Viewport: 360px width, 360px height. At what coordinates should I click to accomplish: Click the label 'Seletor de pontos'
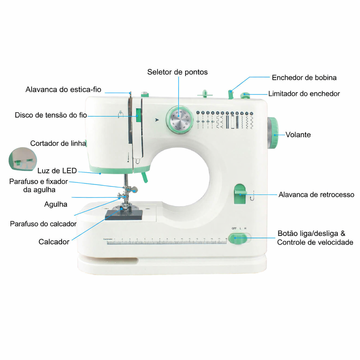177,72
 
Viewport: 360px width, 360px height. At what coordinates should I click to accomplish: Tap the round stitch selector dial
180,120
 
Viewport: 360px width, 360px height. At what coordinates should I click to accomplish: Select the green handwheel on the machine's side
272,133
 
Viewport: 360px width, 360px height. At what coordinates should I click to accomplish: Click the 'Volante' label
298,135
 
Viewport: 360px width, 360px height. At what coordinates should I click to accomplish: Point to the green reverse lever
240,193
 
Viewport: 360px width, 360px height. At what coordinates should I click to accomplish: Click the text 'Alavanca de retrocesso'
316,195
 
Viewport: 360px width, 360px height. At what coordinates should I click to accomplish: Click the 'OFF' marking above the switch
234,229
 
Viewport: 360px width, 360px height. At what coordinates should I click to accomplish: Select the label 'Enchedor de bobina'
304,78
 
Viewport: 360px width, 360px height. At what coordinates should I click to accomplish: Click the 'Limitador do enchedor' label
304,94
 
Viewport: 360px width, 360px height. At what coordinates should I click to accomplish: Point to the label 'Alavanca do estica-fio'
63,90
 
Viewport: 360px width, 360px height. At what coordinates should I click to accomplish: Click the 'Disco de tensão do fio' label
51,115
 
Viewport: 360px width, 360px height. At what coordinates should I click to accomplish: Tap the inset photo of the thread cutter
22,159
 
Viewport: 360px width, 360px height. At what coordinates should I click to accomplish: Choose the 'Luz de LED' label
57,171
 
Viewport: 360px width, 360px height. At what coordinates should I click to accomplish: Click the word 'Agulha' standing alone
56,204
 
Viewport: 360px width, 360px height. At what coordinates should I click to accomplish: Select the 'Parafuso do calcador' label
43,224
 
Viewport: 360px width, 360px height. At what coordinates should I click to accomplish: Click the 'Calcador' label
54,242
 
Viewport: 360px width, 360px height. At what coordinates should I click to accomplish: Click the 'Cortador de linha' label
58,143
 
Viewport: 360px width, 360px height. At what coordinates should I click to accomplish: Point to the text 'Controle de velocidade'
315,242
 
